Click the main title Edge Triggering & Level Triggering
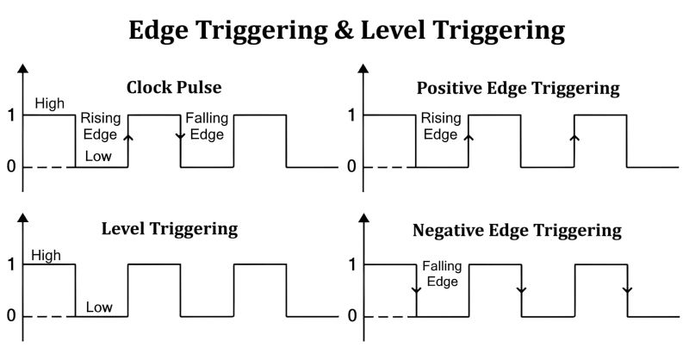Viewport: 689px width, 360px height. (x=346, y=30)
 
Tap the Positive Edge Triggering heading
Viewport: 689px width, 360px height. (x=518, y=88)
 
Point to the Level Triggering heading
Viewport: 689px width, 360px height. (x=170, y=229)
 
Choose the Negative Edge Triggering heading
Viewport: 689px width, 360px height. (x=517, y=230)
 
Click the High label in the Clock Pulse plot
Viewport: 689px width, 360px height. (x=49, y=103)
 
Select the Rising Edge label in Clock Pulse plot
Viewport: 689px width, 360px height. (x=102, y=127)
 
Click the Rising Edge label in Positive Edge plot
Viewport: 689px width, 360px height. (x=440, y=127)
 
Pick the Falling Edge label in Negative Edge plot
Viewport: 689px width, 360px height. (x=440, y=275)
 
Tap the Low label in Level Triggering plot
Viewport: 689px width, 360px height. (x=99, y=307)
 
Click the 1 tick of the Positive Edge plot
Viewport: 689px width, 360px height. (x=351, y=115)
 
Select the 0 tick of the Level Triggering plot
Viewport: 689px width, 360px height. (x=11, y=316)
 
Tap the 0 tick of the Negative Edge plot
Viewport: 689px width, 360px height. (x=351, y=316)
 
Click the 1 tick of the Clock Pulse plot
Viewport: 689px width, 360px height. (x=11, y=115)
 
